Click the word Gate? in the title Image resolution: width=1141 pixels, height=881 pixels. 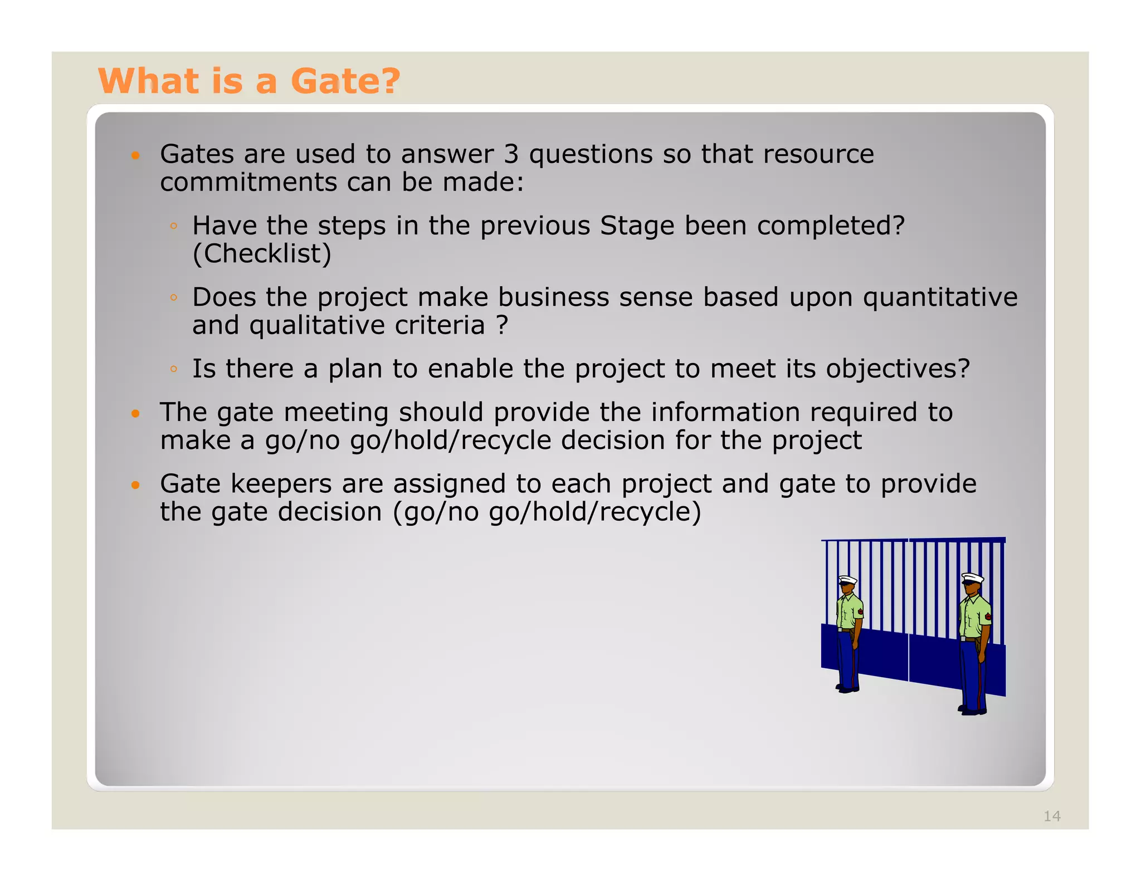345,81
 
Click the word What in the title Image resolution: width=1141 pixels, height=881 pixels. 148,81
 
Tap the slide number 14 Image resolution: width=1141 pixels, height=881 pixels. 1052,816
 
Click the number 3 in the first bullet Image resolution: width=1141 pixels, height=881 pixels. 511,154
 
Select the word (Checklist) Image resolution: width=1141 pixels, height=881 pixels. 262,254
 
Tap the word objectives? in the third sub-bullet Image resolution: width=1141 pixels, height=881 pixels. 898,369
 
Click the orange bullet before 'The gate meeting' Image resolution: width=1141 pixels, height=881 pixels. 135,414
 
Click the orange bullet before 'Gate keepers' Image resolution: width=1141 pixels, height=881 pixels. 135,485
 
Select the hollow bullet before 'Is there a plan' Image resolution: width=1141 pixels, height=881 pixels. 174,369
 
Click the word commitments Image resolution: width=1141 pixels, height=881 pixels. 248,183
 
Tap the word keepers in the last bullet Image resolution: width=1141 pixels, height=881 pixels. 281,484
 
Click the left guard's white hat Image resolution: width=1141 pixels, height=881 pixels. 848,580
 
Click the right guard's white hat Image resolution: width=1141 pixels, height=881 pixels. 973,577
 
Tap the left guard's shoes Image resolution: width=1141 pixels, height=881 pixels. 847,689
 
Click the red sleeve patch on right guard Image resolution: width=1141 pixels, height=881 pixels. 988,617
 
